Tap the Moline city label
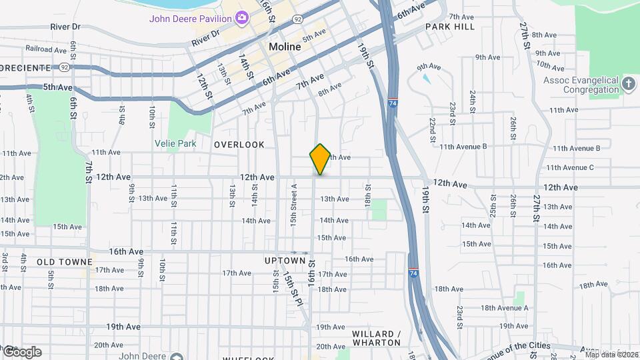(x=286, y=47)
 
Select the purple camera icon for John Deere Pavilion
(x=242, y=17)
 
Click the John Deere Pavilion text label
(x=190, y=18)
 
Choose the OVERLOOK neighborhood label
(x=239, y=145)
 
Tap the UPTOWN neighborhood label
(x=284, y=260)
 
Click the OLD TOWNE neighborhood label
(x=64, y=263)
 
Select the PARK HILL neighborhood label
(x=450, y=27)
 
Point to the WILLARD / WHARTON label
(x=377, y=338)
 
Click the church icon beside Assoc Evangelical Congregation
(x=629, y=83)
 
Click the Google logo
(x=21, y=352)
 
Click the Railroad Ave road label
(x=46, y=49)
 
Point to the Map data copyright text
(x=611, y=354)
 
